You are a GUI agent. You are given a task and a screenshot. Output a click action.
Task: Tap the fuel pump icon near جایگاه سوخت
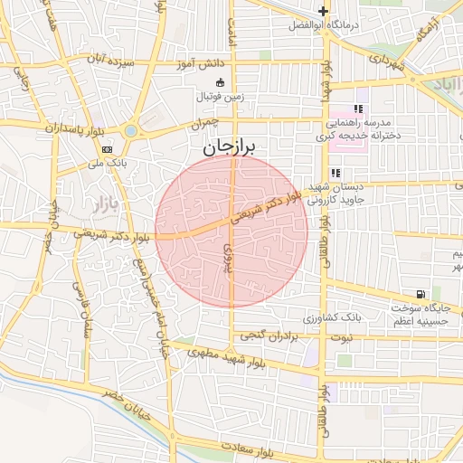(x=421, y=295)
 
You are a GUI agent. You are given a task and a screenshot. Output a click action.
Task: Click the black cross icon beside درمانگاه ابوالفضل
(x=323, y=11)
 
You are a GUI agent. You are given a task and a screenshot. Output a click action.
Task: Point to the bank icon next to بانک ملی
(x=108, y=149)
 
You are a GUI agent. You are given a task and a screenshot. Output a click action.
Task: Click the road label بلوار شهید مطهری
(x=237, y=357)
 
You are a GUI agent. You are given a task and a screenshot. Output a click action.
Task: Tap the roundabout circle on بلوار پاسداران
(x=130, y=131)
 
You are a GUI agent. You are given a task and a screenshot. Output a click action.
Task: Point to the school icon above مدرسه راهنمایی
(x=358, y=109)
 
